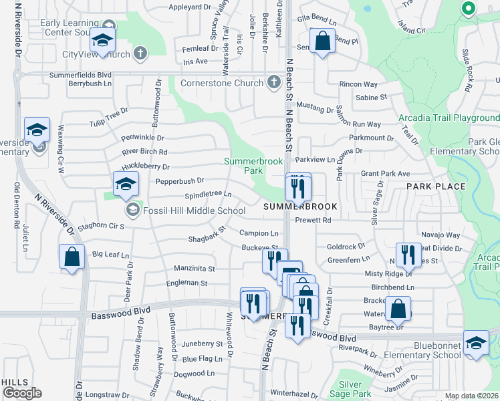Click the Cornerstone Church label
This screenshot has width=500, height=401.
[223, 83]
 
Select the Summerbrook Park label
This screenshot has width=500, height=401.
[253, 166]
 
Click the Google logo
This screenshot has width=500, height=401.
[22, 393]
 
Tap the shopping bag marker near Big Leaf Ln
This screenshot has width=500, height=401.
[72, 257]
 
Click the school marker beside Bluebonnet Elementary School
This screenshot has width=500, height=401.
[475, 344]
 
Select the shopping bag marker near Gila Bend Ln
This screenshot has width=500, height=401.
[322, 41]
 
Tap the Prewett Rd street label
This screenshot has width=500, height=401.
[313, 220]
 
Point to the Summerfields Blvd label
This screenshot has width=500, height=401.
[80, 74]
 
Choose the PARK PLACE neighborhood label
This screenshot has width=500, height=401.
[440, 186]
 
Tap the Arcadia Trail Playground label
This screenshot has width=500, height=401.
[449, 118]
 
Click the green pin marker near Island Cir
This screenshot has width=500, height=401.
[468, 9]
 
